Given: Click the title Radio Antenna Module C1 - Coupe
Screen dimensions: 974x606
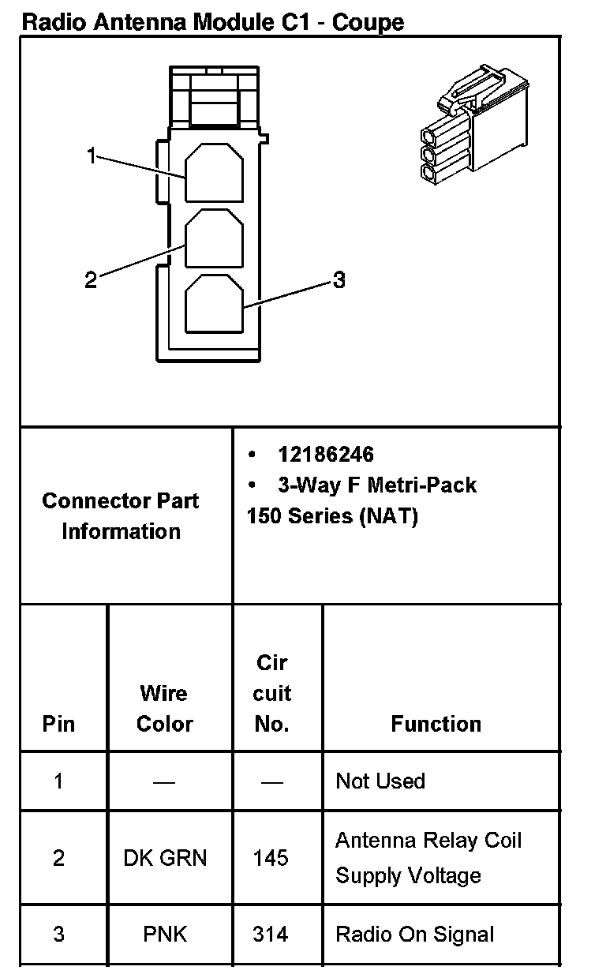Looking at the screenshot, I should (212, 21).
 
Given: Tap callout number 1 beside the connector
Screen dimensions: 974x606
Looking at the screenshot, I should (92, 156).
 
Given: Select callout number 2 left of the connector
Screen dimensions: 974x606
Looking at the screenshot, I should (91, 279).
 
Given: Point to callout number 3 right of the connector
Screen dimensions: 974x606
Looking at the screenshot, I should (339, 279).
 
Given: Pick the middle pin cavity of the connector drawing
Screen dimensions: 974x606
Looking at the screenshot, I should (214, 238).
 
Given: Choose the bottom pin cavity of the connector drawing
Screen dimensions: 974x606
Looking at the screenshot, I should (214, 303).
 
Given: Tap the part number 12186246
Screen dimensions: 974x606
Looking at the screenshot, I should (325, 455).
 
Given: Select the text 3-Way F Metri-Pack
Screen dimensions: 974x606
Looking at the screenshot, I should (376, 484).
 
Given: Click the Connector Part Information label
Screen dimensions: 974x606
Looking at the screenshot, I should (121, 515).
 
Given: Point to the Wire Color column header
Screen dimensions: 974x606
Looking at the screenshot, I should (164, 708).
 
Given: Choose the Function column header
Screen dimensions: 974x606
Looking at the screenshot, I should (436, 724).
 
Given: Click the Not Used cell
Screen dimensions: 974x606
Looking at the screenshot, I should (380, 781).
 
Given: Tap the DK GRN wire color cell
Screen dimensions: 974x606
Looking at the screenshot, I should (165, 857).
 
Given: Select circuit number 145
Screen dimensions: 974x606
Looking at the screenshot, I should (271, 857).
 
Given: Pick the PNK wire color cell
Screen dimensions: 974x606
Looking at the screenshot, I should (165, 935).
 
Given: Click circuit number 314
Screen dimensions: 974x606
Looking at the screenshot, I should (271, 935).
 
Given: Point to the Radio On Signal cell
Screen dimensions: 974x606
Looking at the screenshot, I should (414, 935).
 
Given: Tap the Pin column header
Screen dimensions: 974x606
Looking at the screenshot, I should (58, 724).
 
